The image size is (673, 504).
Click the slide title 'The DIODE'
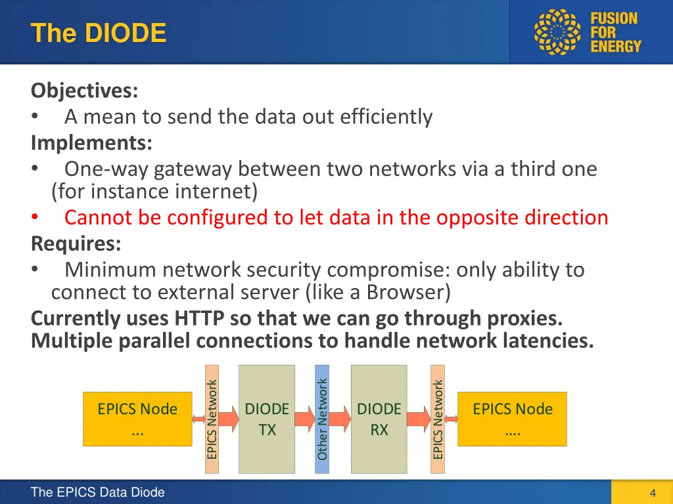(98, 32)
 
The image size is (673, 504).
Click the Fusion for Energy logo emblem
(559, 31)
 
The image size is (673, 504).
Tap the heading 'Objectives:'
(84, 89)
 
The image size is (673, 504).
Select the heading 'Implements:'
(91, 142)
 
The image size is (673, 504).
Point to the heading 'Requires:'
(76, 243)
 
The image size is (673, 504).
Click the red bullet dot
(34, 217)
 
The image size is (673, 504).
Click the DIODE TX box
(267, 419)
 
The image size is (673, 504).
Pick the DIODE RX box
(379, 419)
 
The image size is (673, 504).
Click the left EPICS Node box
(137, 419)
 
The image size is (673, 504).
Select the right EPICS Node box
(512, 419)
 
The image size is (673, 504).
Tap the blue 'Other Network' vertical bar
(322, 419)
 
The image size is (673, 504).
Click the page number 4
(652, 493)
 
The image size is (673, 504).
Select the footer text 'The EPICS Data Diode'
(97, 493)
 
